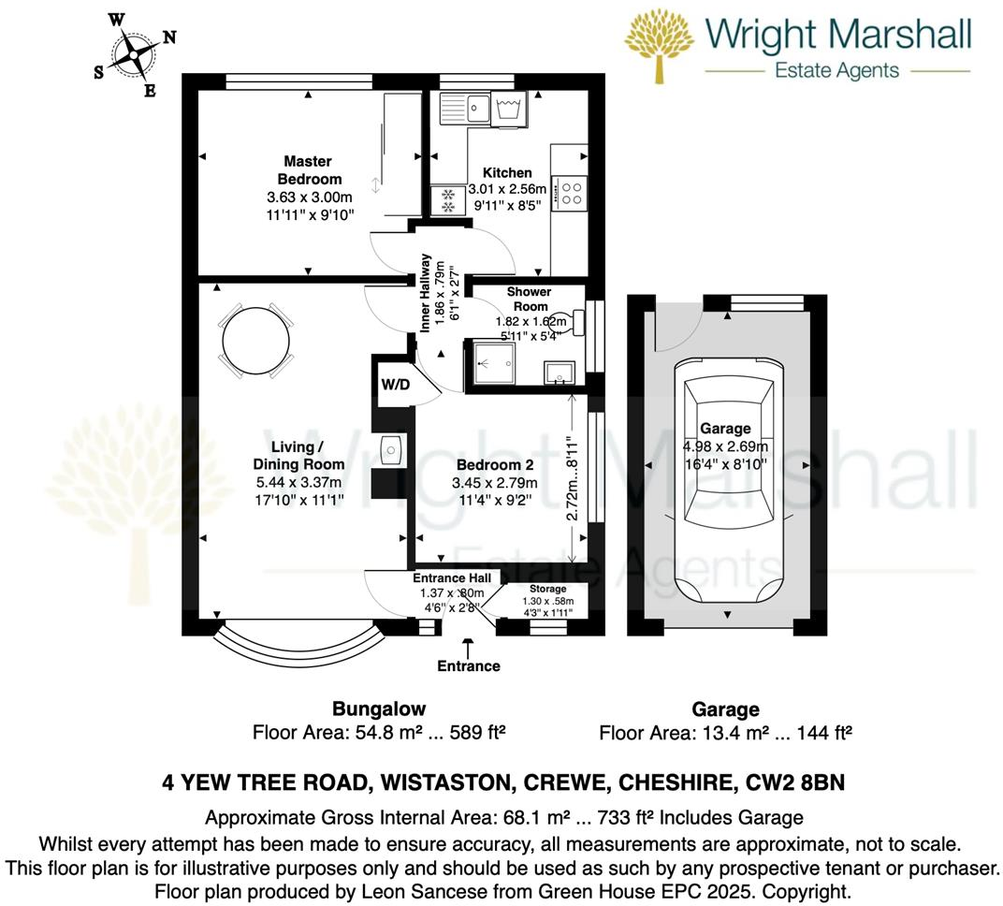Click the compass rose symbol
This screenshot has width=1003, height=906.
click(136, 54)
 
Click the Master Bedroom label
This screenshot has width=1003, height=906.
click(309, 169)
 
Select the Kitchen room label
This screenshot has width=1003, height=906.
click(507, 172)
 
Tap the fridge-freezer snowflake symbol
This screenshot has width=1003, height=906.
click(446, 199)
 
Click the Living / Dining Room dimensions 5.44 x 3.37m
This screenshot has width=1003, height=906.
click(298, 482)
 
